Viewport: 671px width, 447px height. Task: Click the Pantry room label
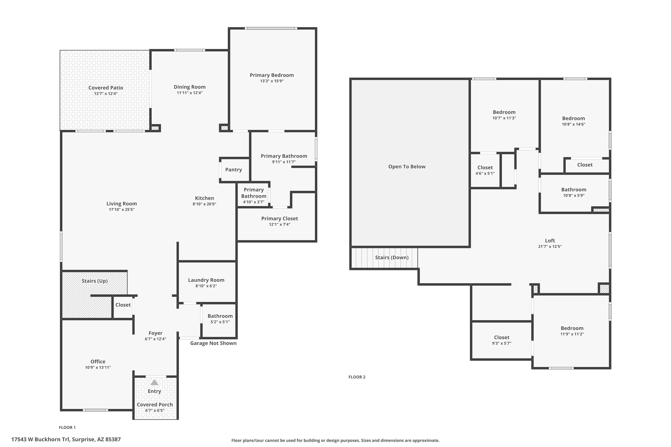pos(233,170)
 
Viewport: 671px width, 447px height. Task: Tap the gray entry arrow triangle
pos(154,382)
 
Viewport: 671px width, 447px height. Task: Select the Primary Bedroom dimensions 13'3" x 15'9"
pos(272,81)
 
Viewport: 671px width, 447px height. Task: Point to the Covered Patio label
pos(106,88)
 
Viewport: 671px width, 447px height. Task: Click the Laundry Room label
pos(206,280)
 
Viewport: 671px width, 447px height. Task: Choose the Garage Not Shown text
pos(213,343)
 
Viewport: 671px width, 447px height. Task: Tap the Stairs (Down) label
pos(392,257)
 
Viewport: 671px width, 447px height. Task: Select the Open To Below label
pos(407,167)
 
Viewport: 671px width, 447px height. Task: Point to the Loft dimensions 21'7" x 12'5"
pos(550,247)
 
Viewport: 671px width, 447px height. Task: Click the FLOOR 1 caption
pos(67,427)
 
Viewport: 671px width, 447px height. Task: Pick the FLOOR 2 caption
pos(357,377)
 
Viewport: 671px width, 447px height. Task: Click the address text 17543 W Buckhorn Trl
pos(40,439)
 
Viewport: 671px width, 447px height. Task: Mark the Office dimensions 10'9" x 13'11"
pos(98,367)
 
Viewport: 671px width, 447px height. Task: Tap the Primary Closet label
pos(279,218)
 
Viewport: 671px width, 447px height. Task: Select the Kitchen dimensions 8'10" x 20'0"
pos(204,204)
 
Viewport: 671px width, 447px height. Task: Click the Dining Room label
pos(189,87)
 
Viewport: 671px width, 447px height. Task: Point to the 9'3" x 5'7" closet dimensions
pos(501,343)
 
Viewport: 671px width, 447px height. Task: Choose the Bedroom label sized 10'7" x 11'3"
pos(504,112)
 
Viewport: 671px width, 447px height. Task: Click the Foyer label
pos(155,333)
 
